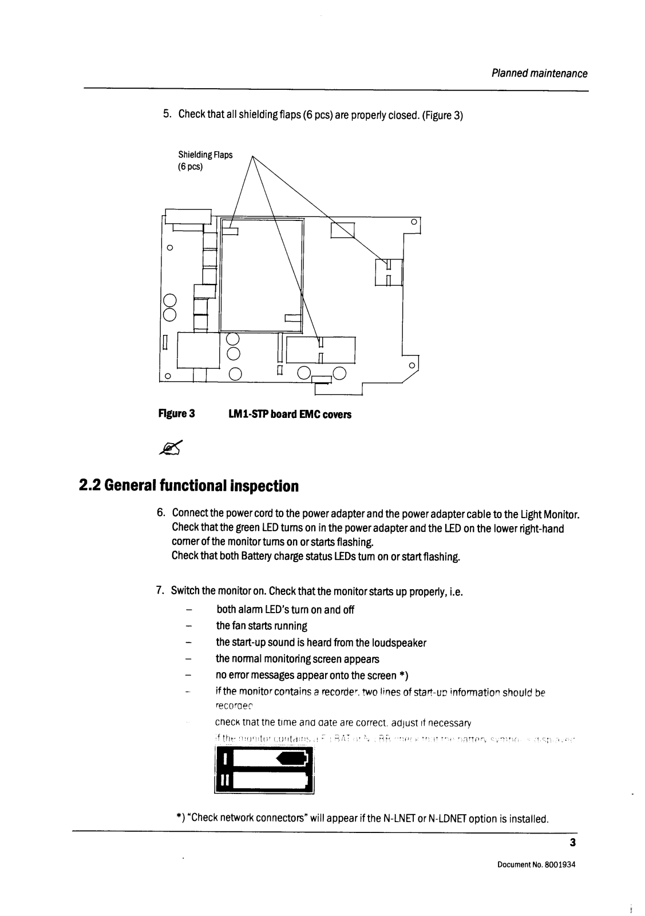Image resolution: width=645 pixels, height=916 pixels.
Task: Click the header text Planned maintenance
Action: tap(540, 74)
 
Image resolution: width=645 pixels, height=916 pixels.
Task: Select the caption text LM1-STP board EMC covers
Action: tap(286, 414)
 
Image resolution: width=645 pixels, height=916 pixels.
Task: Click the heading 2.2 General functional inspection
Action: tap(189, 486)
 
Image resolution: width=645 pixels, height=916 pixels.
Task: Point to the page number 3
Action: tap(572, 842)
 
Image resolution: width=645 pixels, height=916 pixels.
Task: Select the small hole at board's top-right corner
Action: tap(413, 222)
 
